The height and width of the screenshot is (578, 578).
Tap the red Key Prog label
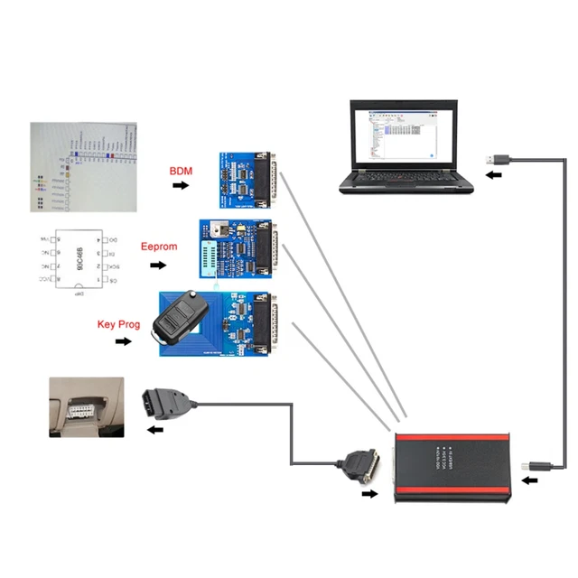118,323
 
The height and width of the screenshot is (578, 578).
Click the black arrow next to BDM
182,185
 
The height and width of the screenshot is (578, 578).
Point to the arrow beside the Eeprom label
159,266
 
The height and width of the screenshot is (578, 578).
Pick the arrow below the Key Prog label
122,341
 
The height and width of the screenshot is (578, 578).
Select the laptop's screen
406,136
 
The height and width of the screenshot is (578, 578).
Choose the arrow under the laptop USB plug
493,175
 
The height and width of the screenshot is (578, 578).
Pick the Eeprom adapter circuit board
238,253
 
